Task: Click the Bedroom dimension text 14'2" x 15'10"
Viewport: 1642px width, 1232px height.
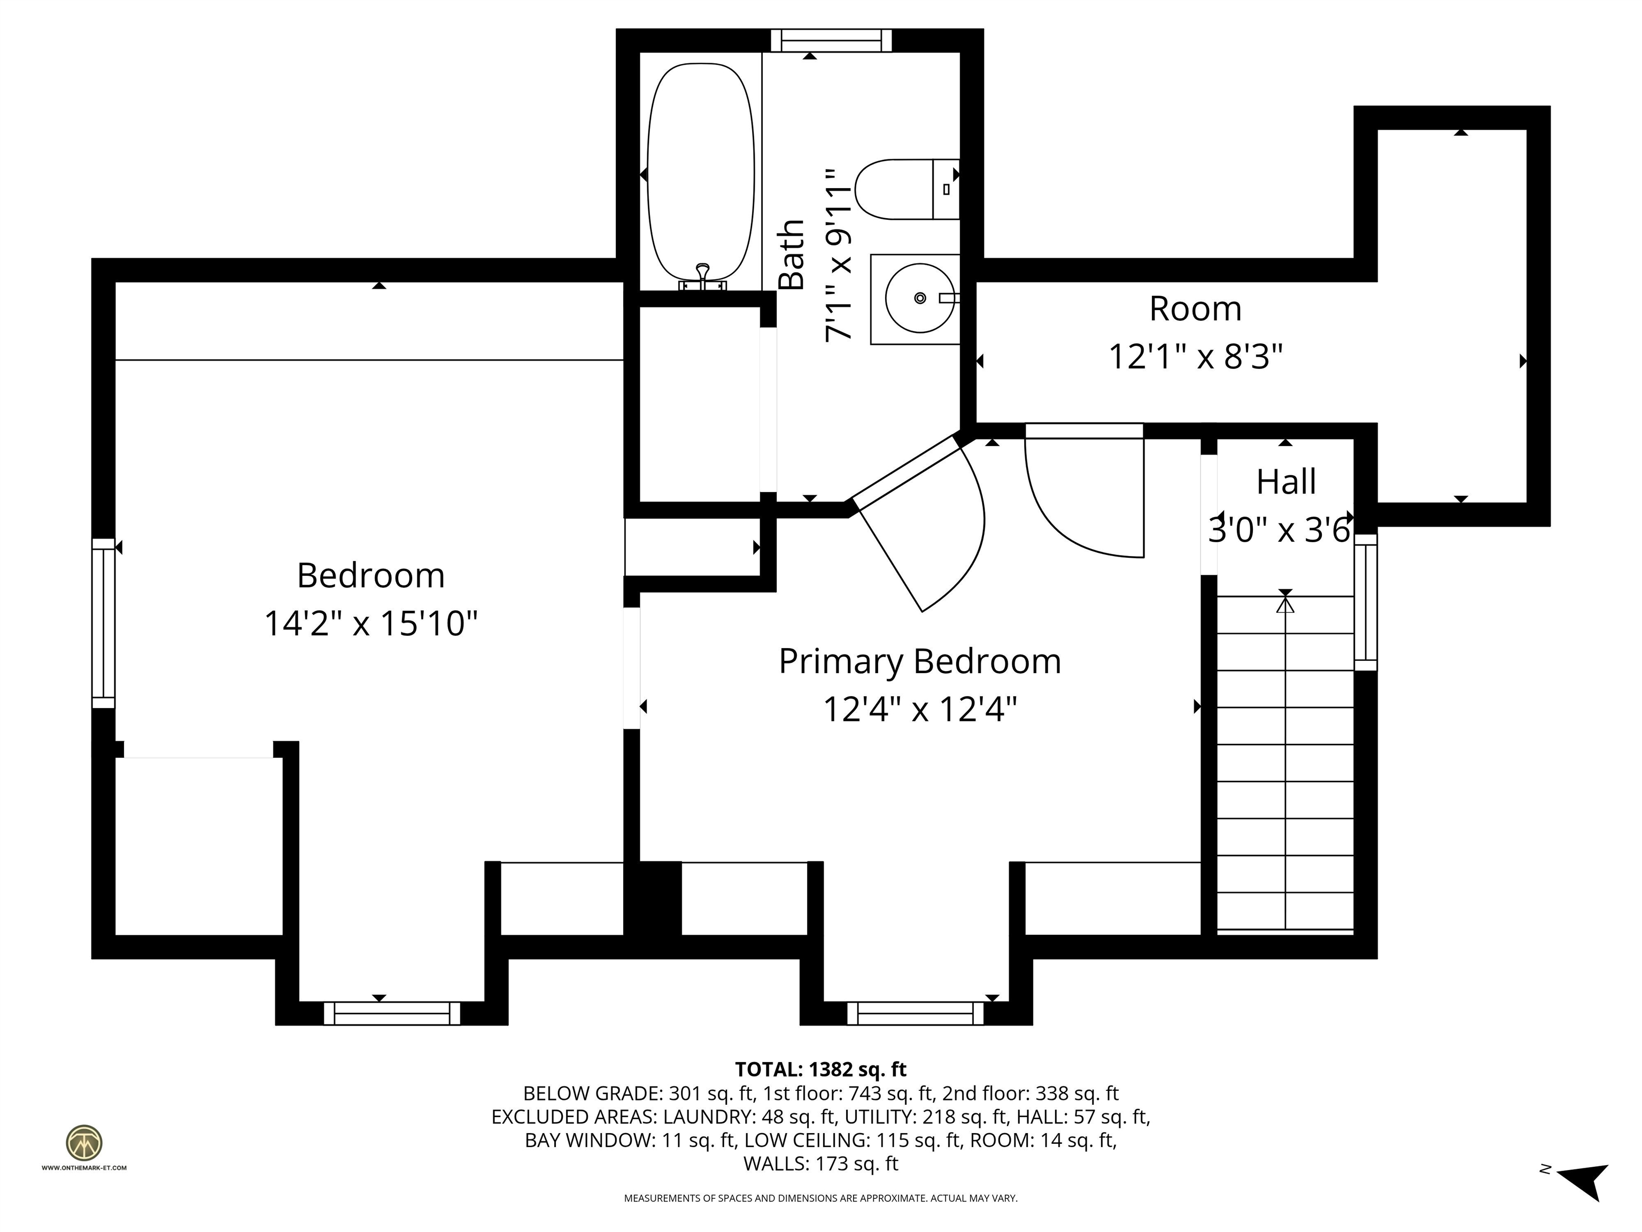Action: coord(370,623)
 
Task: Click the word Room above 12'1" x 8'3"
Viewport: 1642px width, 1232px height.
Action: coord(1195,308)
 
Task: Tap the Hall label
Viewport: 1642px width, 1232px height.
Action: coord(1285,482)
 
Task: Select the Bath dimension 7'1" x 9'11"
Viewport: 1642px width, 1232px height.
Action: coord(839,255)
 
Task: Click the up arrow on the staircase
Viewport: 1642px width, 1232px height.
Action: coord(1285,604)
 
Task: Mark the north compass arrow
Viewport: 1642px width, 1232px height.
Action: coord(1584,1182)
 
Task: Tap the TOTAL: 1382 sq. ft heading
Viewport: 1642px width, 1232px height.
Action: coord(820,1069)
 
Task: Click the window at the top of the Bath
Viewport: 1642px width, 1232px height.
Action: coord(830,40)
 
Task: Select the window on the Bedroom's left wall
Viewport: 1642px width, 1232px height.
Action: coord(103,624)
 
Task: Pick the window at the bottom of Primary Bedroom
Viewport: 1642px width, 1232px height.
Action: coord(915,1013)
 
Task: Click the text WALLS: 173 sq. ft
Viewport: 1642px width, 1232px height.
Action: coord(820,1164)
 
